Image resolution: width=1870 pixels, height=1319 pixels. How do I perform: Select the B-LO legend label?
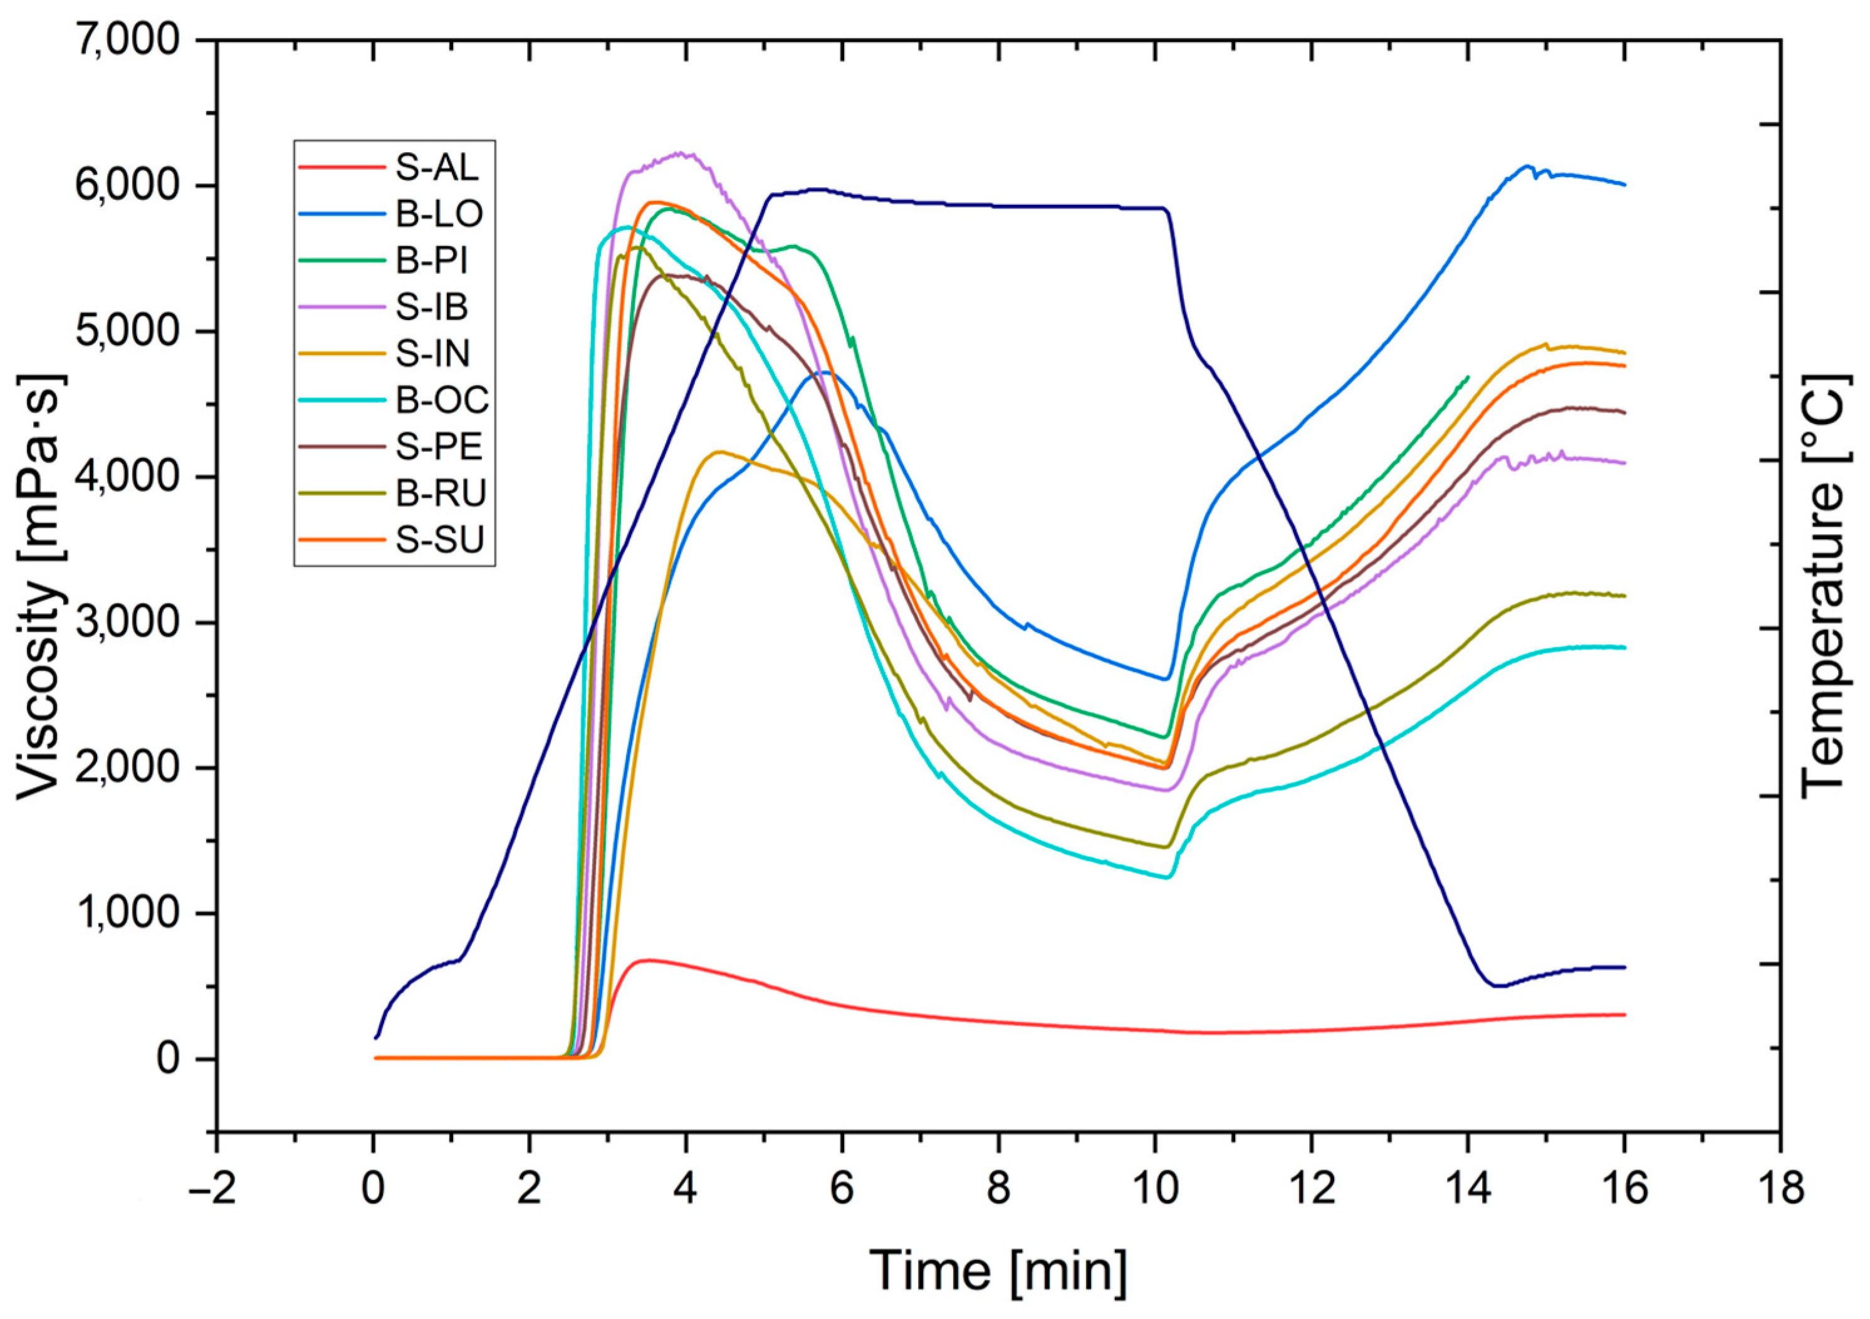440,214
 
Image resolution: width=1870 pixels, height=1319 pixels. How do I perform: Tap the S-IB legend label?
432,306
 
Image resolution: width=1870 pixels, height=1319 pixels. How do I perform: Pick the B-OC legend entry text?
443,400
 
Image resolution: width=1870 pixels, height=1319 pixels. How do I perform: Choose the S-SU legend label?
440,539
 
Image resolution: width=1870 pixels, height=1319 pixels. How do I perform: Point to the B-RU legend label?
441,492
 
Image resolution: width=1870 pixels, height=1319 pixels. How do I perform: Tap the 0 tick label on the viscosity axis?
168,1058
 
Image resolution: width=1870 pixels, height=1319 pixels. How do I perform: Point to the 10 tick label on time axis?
1154,1189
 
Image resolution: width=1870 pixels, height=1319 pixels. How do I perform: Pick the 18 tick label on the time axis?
1780,1189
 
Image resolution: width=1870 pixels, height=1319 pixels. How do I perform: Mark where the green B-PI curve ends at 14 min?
1468,377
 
